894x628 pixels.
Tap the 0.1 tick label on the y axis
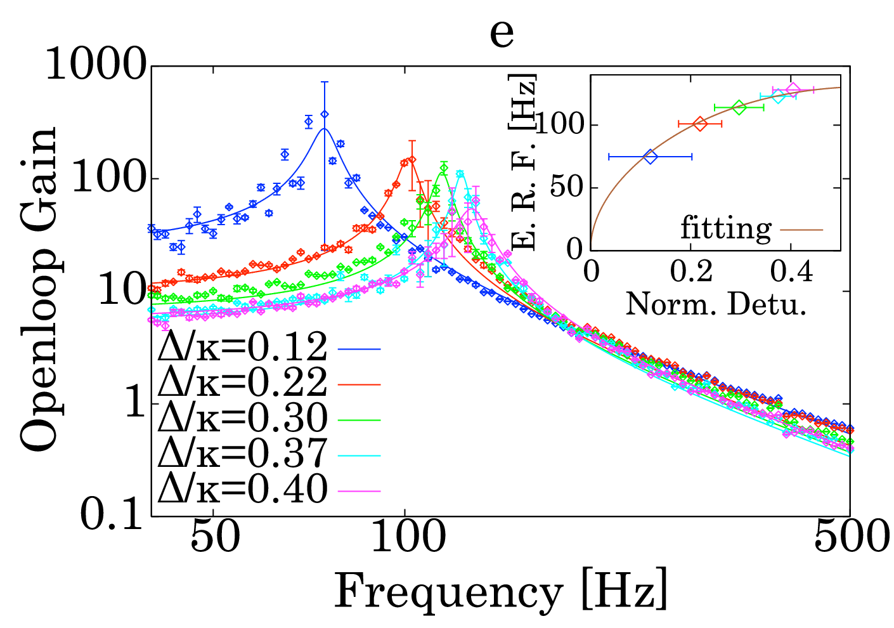coord(112,515)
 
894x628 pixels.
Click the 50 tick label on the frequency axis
coord(214,538)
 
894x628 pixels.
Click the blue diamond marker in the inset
coord(651,157)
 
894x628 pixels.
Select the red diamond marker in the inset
coord(700,124)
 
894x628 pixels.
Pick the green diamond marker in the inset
coord(739,107)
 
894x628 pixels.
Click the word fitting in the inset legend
coord(726,229)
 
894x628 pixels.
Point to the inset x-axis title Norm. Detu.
coord(716,304)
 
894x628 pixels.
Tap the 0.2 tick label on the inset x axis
coord(691,272)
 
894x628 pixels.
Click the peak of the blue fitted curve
coord(324,129)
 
